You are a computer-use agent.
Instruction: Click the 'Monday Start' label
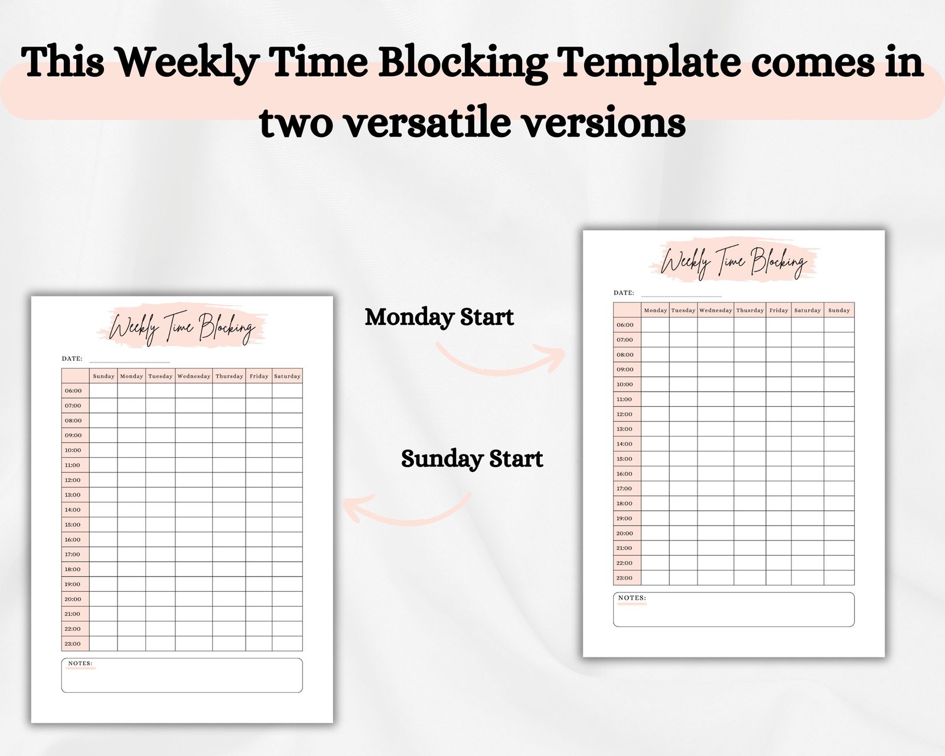(439, 317)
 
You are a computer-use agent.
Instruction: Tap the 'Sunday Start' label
(472, 459)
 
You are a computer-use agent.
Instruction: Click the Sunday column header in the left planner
(103, 376)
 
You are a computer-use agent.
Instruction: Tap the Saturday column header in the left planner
(287, 376)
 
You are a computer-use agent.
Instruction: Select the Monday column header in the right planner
(656, 310)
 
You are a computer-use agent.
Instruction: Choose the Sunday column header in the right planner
(839, 310)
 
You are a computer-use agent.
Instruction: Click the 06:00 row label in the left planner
(73, 390)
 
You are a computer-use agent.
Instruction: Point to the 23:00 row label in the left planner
(73, 644)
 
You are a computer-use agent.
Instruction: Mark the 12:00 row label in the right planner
(625, 414)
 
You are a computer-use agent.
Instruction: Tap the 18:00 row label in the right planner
(624, 503)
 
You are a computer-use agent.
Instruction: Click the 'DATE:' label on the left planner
(72, 359)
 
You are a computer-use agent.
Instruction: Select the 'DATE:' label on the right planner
(624, 292)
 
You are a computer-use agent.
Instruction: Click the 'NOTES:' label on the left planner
(80, 663)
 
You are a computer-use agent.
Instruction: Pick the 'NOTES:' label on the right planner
(633, 598)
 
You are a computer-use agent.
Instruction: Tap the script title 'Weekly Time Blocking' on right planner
(734, 262)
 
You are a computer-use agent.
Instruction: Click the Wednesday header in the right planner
(716, 310)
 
